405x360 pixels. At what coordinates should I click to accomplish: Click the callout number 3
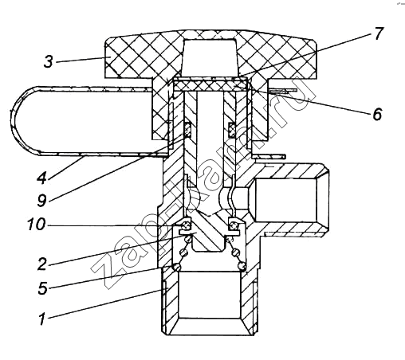point(49,61)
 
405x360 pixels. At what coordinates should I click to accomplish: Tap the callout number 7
point(379,33)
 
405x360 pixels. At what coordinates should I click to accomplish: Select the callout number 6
point(377,115)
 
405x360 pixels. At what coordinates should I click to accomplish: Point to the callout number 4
point(41,178)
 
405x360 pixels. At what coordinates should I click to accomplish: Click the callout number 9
point(41,200)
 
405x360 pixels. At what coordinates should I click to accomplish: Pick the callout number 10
point(37,225)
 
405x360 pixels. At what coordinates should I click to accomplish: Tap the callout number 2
point(41,264)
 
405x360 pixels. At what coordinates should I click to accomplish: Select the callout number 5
point(42,288)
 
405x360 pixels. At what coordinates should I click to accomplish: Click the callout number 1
point(41,319)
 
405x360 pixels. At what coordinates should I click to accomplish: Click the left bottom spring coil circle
point(176,267)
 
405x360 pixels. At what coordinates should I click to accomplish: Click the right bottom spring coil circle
point(242,266)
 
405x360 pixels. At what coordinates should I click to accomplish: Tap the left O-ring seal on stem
point(188,129)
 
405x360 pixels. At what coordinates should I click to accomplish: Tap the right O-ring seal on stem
point(231,130)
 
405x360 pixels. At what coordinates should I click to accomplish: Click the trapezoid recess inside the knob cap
point(210,57)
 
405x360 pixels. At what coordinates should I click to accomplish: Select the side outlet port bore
point(285,200)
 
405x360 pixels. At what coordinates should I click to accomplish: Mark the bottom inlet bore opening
point(210,295)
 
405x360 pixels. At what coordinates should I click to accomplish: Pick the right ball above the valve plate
point(234,225)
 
